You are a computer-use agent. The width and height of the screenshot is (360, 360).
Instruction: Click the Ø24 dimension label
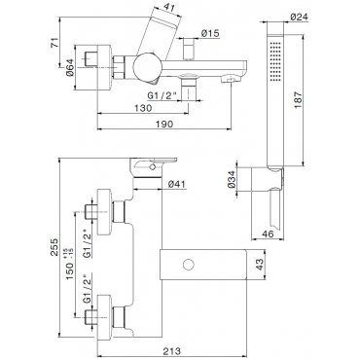pos(299,17)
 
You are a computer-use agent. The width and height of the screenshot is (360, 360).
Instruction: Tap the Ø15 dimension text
pos(210,33)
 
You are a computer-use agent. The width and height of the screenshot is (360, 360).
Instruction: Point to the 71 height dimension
pos(55,43)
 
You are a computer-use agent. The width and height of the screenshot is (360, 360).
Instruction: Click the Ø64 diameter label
pos(70,67)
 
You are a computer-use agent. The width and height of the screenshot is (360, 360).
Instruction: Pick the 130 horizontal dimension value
pos(142,108)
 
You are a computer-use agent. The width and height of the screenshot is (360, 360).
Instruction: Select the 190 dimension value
pos(164,124)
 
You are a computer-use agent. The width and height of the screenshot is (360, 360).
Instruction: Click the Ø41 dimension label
pos(177,184)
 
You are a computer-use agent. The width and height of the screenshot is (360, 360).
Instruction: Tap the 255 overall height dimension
pos(54,247)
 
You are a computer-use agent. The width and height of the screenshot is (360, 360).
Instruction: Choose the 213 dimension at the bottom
pos(171,351)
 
